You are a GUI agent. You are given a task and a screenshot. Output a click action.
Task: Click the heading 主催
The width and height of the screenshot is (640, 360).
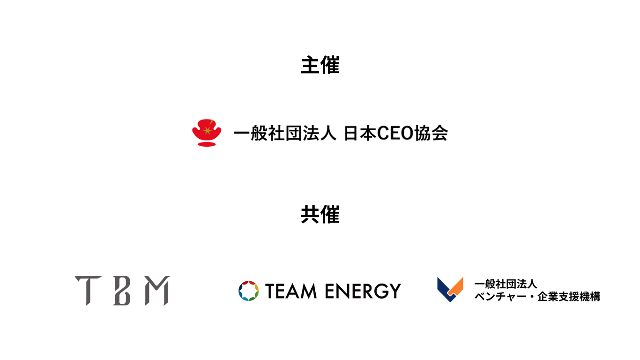coord(320,66)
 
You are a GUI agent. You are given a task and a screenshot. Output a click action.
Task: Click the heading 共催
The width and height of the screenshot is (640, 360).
coord(320,215)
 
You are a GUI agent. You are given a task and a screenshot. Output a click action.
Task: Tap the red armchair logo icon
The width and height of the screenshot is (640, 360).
coord(207,132)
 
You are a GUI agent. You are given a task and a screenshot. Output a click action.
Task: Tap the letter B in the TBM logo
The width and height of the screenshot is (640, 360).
coord(122,291)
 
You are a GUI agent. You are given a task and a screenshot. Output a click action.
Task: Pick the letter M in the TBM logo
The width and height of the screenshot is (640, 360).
coord(157,291)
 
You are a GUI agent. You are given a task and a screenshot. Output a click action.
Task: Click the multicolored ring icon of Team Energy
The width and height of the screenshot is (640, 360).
coord(248,291)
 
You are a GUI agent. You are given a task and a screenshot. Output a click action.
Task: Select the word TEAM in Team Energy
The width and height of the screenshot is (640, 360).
coord(291,291)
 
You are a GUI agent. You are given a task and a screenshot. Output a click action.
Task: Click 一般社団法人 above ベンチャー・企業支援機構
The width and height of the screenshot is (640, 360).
coord(506,284)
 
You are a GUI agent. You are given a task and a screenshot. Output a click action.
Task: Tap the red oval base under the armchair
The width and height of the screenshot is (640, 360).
coord(207,144)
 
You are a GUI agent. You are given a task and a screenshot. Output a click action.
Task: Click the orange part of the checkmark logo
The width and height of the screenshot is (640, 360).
coord(456,285)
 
